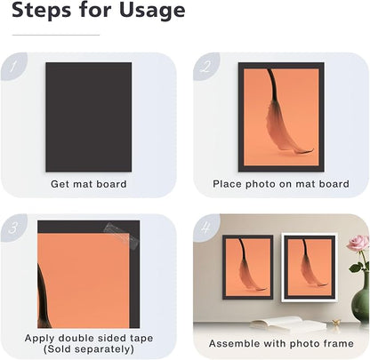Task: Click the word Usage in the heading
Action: [152, 12]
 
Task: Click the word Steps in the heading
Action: [42, 10]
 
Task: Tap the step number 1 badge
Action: [13, 67]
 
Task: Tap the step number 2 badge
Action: [206, 67]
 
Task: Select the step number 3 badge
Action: [13, 228]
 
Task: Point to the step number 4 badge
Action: [206, 228]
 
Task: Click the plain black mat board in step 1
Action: [89, 117]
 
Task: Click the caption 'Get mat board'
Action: [89, 184]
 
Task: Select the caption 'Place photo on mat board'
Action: [281, 184]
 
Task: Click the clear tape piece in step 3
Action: [122, 235]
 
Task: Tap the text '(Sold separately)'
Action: [89, 349]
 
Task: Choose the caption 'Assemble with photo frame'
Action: [281, 343]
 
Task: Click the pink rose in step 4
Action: [358, 244]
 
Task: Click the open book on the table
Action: [288, 323]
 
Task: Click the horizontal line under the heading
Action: [56, 35]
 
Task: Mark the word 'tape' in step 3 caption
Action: [141, 338]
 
